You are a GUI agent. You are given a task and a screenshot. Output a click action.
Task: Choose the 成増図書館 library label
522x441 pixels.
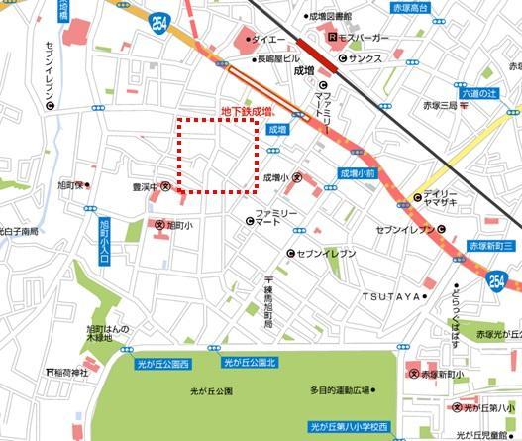(x=330, y=17)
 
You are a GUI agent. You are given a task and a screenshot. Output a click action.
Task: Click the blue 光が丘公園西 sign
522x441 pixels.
(x=165, y=364)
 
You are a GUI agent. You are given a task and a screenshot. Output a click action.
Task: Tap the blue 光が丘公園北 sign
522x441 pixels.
(x=246, y=363)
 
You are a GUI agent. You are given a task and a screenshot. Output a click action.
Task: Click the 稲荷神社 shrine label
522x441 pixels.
(x=70, y=373)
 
